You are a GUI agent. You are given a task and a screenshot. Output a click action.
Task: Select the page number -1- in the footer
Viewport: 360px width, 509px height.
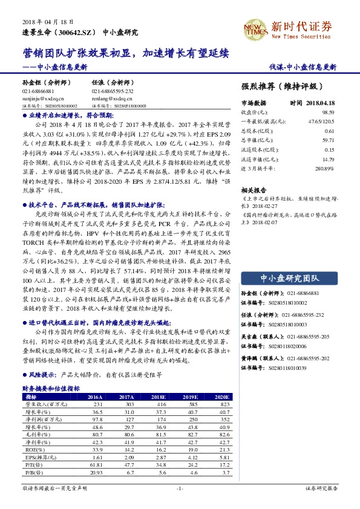(x=179, y=487)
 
